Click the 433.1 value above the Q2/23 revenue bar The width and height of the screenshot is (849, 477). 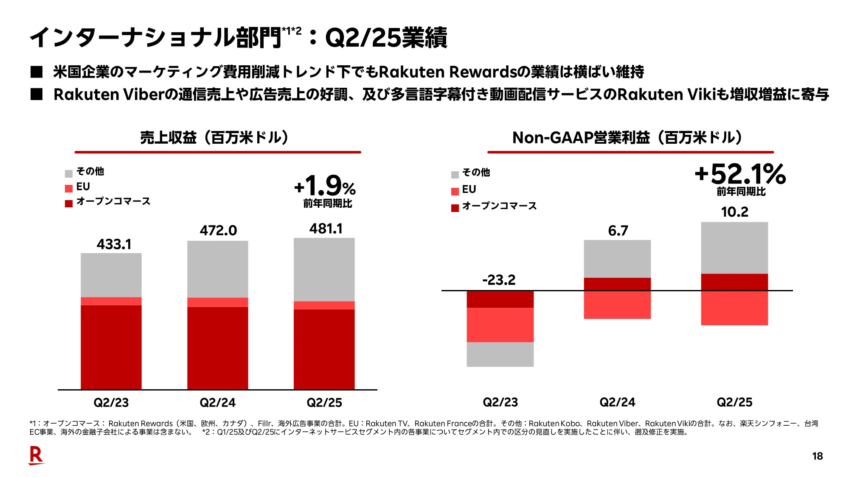[x=114, y=244]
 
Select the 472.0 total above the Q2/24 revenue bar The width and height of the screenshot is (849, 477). [x=218, y=230]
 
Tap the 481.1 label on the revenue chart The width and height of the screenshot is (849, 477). [x=326, y=229]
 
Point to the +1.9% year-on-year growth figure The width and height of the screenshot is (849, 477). [x=325, y=186]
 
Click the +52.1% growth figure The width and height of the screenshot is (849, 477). [x=740, y=174]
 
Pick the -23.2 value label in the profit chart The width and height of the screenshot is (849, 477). [x=499, y=280]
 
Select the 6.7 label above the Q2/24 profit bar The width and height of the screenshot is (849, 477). [x=618, y=231]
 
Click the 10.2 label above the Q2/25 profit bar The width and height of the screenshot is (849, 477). [x=734, y=212]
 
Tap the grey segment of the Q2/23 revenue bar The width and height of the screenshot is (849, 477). [x=111, y=275]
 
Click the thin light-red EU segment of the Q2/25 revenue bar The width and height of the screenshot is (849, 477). [x=324, y=305]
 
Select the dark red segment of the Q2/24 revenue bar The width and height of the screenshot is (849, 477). [x=218, y=348]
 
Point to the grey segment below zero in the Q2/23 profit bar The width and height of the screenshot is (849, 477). [x=500, y=354]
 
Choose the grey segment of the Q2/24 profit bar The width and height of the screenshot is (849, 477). [x=617, y=259]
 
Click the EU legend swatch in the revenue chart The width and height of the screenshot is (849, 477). [x=69, y=188]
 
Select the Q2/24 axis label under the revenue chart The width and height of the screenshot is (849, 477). [x=217, y=402]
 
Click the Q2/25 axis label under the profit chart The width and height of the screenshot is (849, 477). [x=734, y=402]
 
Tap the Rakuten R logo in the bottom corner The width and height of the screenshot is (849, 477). [x=36, y=455]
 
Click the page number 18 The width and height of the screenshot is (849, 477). [x=817, y=456]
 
